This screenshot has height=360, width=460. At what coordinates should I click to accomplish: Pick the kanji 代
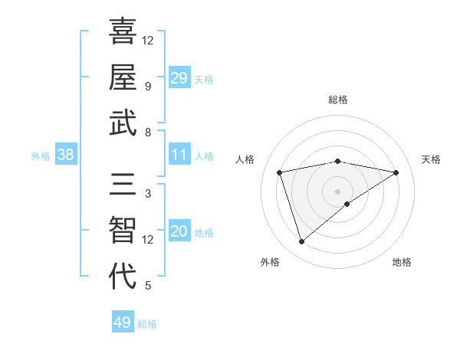coord(123,277)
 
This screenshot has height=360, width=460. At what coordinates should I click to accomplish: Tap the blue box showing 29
coord(179,78)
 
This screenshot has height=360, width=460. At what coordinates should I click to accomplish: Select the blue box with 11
coord(179,155)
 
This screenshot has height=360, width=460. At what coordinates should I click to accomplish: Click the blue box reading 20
coord(179,232)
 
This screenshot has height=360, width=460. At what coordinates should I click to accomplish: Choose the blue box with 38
coord(66,155)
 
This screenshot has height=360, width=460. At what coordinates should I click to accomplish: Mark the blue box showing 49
coord(123,322)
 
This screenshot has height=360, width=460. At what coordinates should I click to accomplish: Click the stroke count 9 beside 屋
coord(147,86)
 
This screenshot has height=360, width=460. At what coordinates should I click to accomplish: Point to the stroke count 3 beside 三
coord(147,194)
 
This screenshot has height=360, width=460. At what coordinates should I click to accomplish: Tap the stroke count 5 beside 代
coord(147,286)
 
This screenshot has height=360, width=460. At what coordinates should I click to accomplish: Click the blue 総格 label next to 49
coord(147,324)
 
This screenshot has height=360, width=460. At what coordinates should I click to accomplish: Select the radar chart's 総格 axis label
coord(338,100)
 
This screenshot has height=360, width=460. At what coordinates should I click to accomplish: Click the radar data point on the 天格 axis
coord(396,172)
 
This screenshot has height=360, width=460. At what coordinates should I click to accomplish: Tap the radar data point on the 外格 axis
coord(301,242)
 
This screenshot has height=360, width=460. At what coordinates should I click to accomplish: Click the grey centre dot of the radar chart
coord(338,191)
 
